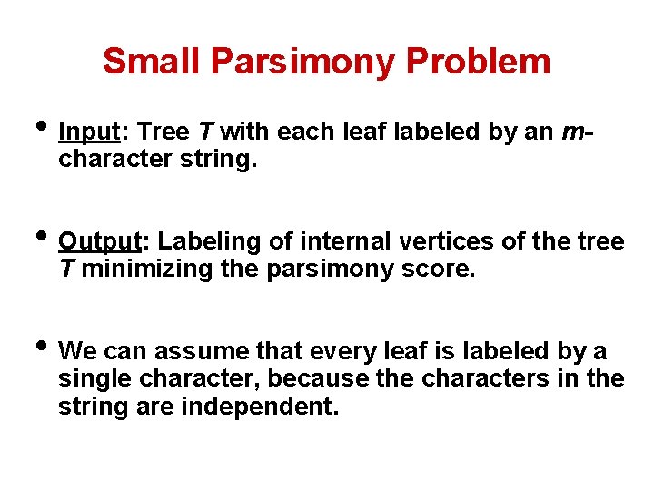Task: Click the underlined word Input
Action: coord(89,132)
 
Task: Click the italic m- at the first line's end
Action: coord(578,132)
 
